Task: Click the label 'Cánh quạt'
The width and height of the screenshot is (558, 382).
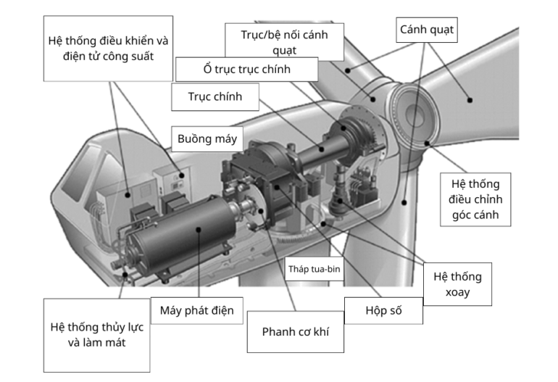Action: pos(427,30)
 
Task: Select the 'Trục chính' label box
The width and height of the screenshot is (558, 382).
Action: pos(215,96)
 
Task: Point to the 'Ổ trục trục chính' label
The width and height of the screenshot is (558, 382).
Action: pos(246,70)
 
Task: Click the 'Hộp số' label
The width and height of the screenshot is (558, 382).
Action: pos(383,311)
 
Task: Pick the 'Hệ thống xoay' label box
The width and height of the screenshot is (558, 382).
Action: pos(457,285)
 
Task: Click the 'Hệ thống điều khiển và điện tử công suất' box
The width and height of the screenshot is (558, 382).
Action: pos(109,48)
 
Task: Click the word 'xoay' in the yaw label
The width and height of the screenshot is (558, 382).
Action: pos(457,294)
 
